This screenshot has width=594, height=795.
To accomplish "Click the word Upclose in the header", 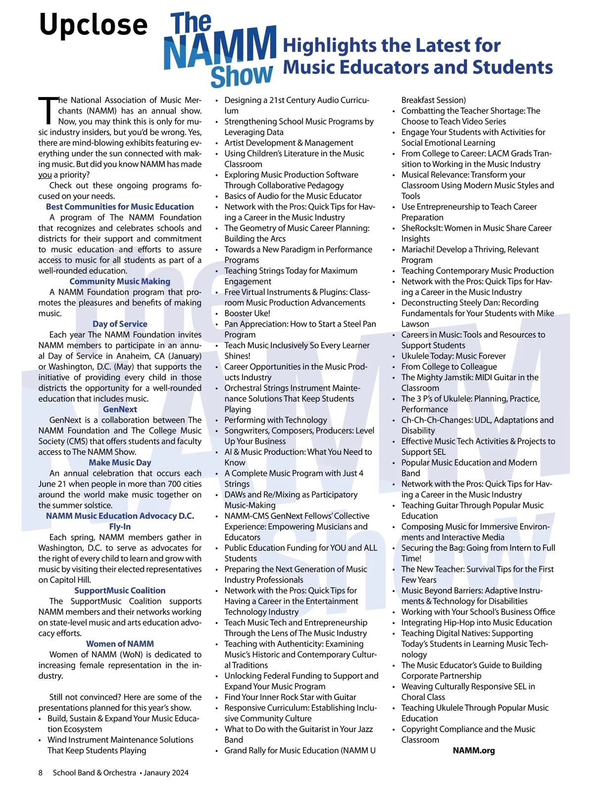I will coord(93,25).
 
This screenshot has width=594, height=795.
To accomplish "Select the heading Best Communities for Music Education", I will coord(120,206).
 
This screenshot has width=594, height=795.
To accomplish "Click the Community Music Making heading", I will coord(120,281).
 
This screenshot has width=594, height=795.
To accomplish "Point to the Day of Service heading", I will coord(120,324).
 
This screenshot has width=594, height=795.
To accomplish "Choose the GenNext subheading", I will coord(120,409).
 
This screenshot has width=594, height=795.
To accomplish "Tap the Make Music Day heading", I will coord(120,462).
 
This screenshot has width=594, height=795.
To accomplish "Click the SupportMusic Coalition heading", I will coord(120,591).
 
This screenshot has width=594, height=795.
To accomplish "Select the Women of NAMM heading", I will coord(120,644).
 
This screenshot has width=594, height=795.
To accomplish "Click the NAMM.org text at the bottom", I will coord(474,750).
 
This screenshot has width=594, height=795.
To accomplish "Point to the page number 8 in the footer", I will coord(41,773).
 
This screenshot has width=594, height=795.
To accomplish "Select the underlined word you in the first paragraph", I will coord(45,175).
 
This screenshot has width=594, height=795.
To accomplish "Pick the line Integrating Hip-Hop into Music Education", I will coord(476,622).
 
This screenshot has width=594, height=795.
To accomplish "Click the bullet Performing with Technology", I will coord(276,420).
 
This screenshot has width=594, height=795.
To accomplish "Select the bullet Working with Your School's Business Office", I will coord(478,612).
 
